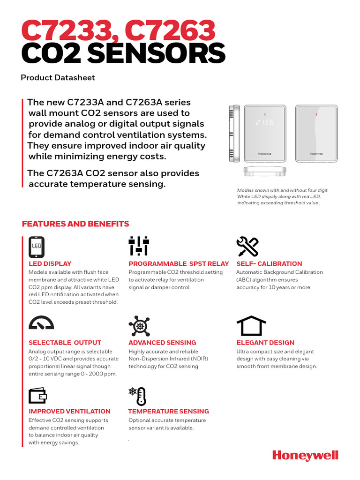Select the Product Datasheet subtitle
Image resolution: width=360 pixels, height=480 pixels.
(x=58, y=77)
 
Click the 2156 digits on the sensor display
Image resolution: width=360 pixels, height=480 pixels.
(x=265, y=122)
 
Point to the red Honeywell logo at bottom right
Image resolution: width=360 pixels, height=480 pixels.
(x=305, y=455)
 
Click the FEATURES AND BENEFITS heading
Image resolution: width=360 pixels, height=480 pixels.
(x=75, y=224)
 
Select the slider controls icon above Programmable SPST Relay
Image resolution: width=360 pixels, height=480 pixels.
(x=138, y=246)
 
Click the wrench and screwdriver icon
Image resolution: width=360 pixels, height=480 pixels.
(x=247, y=247)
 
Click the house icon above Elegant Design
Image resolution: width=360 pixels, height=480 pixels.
(x=251, y=325)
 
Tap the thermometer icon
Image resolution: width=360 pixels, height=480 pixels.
(x=138, y=396)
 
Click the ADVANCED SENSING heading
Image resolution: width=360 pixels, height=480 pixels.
(x=162, y=343)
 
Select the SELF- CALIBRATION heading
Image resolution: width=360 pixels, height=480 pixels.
(x=269, y=263)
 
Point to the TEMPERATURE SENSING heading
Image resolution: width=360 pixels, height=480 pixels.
(x=169, y=411)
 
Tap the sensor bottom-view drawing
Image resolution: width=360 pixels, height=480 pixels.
(x=265, y=172)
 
